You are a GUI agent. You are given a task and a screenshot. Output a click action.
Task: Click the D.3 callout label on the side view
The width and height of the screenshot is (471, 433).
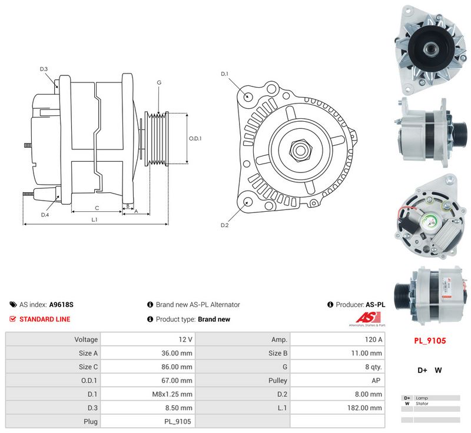44,69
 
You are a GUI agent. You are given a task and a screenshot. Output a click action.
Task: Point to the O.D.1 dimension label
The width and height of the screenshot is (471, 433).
195,138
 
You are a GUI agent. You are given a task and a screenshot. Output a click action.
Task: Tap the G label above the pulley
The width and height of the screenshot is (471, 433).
159,82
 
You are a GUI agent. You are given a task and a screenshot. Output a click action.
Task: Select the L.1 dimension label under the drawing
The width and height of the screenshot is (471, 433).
94,219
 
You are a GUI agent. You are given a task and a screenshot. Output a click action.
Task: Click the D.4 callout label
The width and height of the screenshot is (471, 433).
45,215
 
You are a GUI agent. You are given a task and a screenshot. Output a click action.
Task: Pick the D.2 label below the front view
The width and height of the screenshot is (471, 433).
224,225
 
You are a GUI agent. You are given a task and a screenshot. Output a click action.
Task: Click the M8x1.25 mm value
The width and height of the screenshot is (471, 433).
172,394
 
